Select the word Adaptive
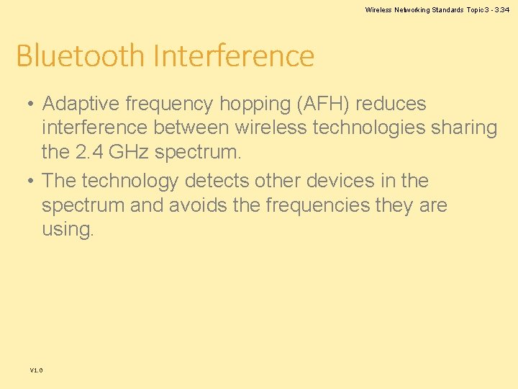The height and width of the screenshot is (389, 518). click(x=81, y=104)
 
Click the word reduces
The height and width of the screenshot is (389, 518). click(x=391, y=104)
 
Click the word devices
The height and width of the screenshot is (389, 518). click(x=339, y=181)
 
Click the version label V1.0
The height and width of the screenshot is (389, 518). click(x=36, y=370)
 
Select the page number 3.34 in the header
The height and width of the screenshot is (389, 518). click(x=501, y=10)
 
